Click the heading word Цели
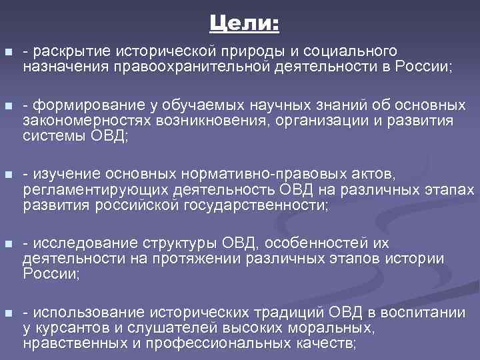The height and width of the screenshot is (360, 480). pos(245,25)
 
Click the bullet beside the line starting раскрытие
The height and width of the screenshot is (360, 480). pos(7,52)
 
